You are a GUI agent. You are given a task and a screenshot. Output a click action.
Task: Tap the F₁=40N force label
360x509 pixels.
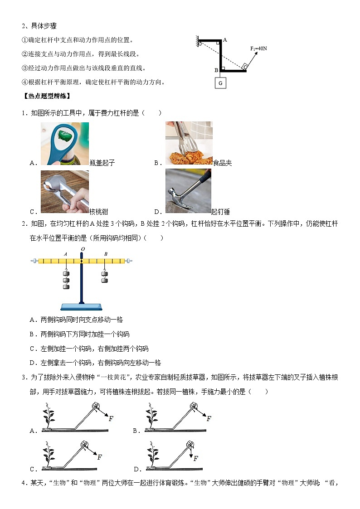point(258,48)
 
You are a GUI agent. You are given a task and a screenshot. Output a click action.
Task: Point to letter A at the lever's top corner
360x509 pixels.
point(225,40)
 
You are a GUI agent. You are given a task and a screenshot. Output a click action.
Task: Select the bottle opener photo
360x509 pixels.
point(65,143)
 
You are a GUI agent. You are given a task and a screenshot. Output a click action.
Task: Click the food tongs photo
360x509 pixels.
point(189,143)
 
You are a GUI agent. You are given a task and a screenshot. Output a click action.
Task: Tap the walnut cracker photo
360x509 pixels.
point(65,192)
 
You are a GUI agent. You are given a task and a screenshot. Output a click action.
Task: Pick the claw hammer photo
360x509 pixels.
point(188,191)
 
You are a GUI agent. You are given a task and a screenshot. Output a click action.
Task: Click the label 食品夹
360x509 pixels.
point(223,163)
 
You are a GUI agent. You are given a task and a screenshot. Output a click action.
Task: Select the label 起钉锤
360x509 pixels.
point(220,212)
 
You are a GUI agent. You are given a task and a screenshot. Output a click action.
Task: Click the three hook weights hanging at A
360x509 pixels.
point(66,278)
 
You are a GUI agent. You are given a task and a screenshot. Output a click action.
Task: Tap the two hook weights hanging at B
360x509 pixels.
point(105,276)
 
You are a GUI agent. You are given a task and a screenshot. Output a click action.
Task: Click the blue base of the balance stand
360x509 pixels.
point(82,307)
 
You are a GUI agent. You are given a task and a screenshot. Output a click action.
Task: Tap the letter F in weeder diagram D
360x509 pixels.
point(196,459)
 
